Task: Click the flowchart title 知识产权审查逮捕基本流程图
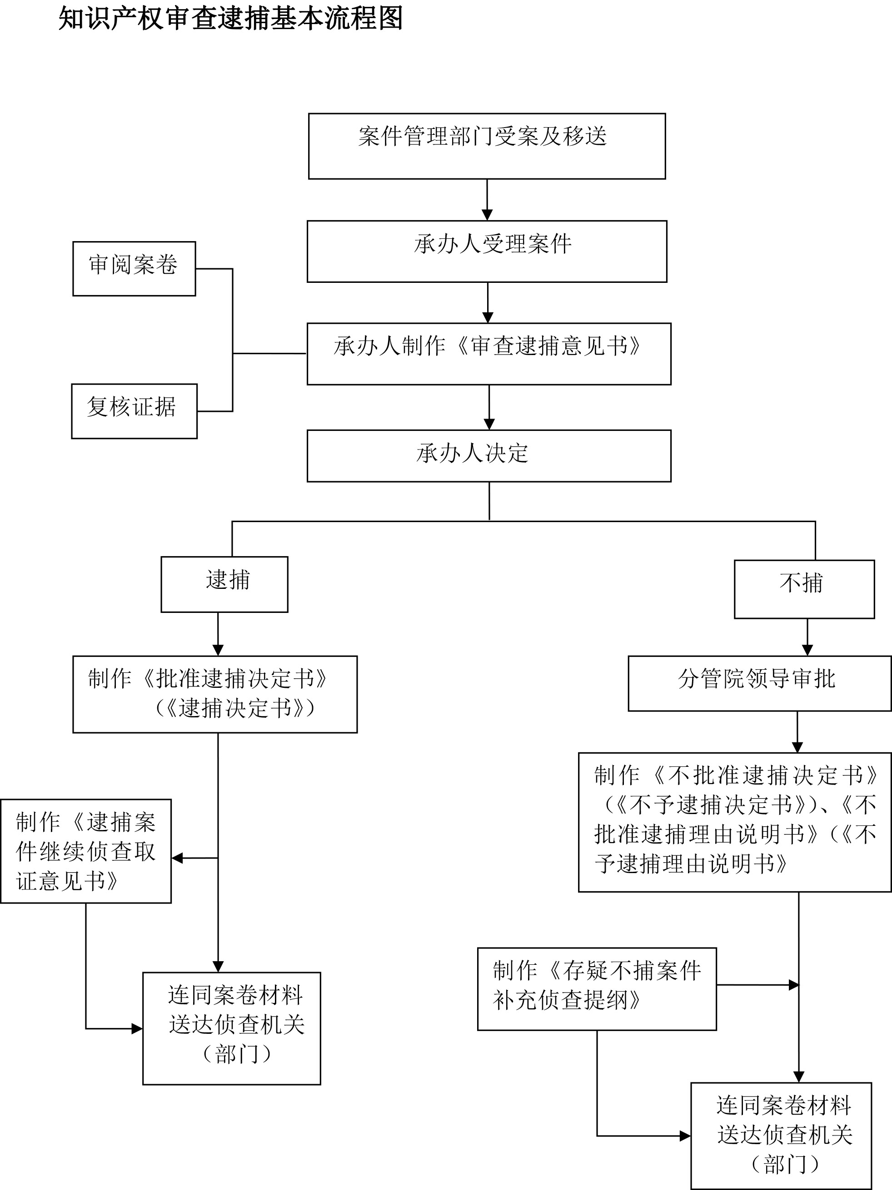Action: (x=230, y=18)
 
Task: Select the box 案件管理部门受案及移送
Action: (x=487, y=146)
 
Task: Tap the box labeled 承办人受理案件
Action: (x=487, y=251)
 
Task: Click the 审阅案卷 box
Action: (x=134, y=268)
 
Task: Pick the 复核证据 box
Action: (x=134, y=411)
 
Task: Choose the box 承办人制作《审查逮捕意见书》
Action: (x=489, y=353)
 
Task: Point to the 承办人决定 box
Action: (x=489, y=456)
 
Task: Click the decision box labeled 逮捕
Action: (x=224, y=584)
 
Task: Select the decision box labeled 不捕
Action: (x=804, y=589)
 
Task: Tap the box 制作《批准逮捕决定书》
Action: (x=215, y=694)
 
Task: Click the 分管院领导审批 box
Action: (x=759, y=683)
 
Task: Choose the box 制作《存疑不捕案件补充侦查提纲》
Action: (x=597, y=989)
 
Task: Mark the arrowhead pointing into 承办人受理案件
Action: (x=487, y=215)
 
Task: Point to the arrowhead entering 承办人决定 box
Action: (x=489, y=425)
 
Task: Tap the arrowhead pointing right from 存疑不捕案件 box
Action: (x=793, y=985)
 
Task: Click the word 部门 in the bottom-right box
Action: (x=785, y=1165)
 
